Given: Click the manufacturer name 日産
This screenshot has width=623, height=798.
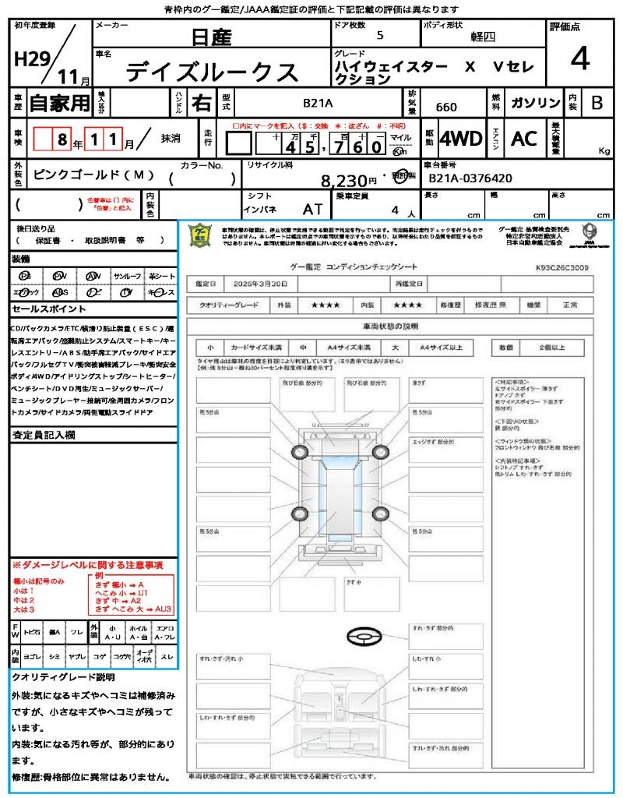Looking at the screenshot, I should [x=211, y=36].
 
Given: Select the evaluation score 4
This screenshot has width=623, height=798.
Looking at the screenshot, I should [x=579, y=59].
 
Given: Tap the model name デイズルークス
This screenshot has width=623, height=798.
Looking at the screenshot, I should [x=212, y=72].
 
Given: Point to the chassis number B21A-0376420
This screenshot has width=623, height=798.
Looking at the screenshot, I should [x=470, y=178].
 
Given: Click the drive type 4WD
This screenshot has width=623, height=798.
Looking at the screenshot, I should [x=461, y=139].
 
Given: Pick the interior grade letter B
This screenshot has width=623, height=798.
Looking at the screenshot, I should [x=597, y=103].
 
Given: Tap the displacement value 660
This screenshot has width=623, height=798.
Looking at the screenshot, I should [x=446, y=108].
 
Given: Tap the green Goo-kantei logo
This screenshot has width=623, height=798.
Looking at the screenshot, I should [x=202, y=235].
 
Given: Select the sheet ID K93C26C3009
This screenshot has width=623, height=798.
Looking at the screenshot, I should [x=562, y=267].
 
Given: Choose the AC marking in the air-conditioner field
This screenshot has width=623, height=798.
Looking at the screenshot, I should [x=524, y=139].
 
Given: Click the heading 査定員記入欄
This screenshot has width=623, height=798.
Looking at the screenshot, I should [x=43, y=435].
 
